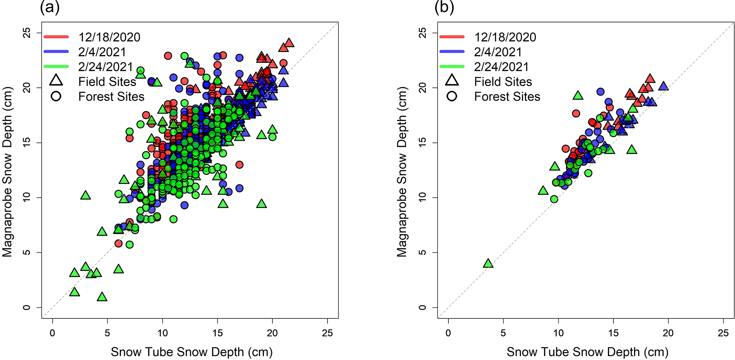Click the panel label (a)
pos(49,7)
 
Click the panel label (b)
pos(444,7)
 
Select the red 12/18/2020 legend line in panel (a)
pos(56,37)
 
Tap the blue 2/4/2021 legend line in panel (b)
pos(452,52)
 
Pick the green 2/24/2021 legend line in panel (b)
pos(452,66)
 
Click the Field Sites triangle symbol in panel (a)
pos(56,81)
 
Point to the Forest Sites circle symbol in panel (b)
pos(452,96)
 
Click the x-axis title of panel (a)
pos(192,352)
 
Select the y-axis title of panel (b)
pos(402,171)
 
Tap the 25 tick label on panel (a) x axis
pos(327,333)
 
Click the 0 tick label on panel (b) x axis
pos(448,333)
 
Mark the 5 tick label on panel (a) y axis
pos(27,252)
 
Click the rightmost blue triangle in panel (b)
pos(663,86)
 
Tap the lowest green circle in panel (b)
pos(554,199)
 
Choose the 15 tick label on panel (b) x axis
pos(613,333)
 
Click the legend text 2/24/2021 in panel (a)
pos(106,67)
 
